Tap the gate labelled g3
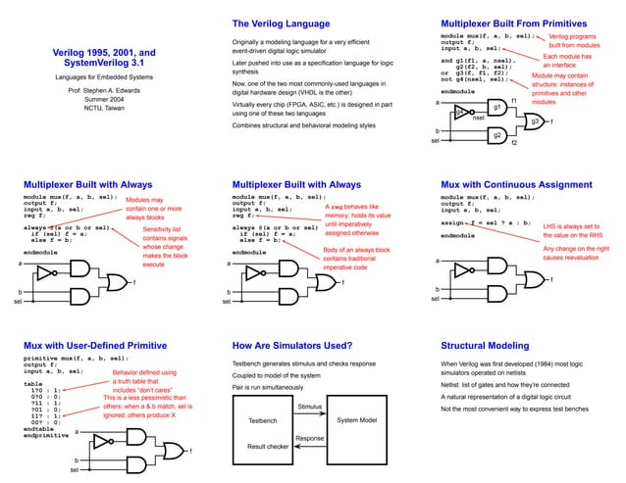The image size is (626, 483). tap(535, 121)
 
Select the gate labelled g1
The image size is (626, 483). tap(498, 106)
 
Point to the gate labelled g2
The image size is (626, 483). tap(498, 134)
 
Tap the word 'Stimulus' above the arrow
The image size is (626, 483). tap(309, 406)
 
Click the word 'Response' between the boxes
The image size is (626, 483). tap(309, 438)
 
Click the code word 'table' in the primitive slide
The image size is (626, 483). tap(33, 384)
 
